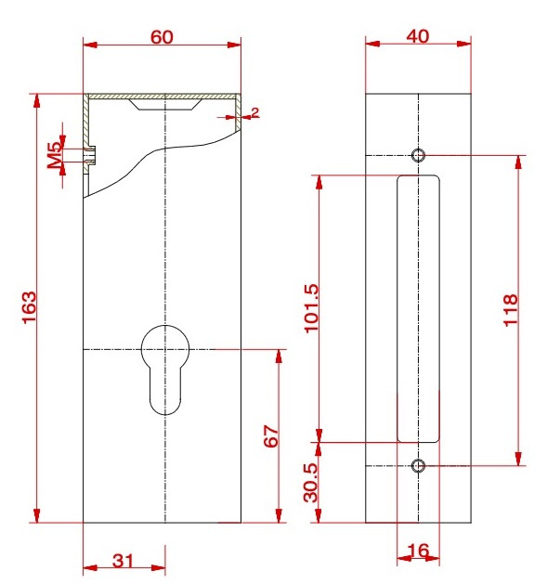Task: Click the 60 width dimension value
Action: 162,36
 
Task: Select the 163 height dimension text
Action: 27,307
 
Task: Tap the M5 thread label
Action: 55,154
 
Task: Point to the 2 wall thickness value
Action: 254,112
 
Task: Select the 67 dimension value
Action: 271,437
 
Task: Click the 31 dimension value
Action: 124,560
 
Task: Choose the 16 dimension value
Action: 419,552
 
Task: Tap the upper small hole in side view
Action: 419,154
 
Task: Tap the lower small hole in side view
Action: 419,465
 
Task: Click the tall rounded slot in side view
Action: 419,307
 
